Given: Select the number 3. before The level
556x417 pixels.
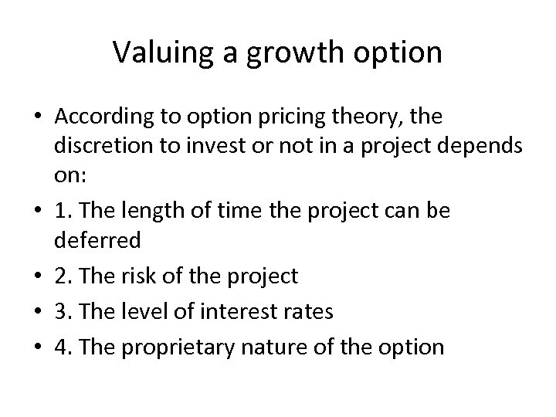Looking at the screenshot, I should click(62, 311).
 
